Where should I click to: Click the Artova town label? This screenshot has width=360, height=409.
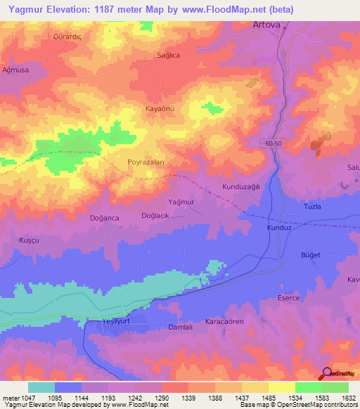(x=266, y=25)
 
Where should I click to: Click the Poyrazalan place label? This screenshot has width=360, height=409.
(x=146, y=162)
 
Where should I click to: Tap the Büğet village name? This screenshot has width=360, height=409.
(x=310, y=254)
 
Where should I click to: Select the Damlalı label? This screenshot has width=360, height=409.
(x=181, y=327)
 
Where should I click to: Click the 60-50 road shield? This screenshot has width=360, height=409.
(x=275, y=143)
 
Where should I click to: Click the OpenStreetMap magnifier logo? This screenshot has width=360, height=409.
(x=326, y=373)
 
